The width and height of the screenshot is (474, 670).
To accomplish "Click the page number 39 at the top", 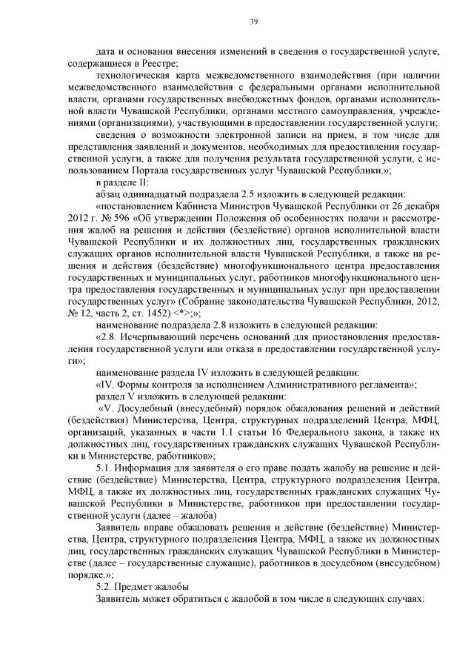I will [253, 21].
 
